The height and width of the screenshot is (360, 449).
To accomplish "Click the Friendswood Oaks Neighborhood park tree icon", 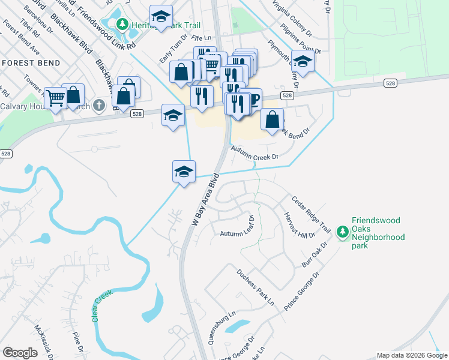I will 343,232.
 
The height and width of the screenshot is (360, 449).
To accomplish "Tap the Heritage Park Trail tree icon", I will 122,24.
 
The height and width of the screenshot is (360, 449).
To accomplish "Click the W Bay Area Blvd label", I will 203,200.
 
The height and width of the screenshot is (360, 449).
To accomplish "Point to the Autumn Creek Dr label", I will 255,157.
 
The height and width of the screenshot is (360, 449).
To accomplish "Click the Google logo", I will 20,352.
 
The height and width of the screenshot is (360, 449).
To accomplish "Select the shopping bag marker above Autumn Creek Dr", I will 273,118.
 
